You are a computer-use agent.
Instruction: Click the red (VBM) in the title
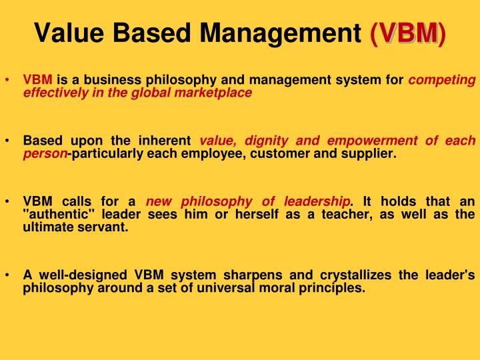point(409,31)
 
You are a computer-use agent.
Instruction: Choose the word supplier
point(370,153)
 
